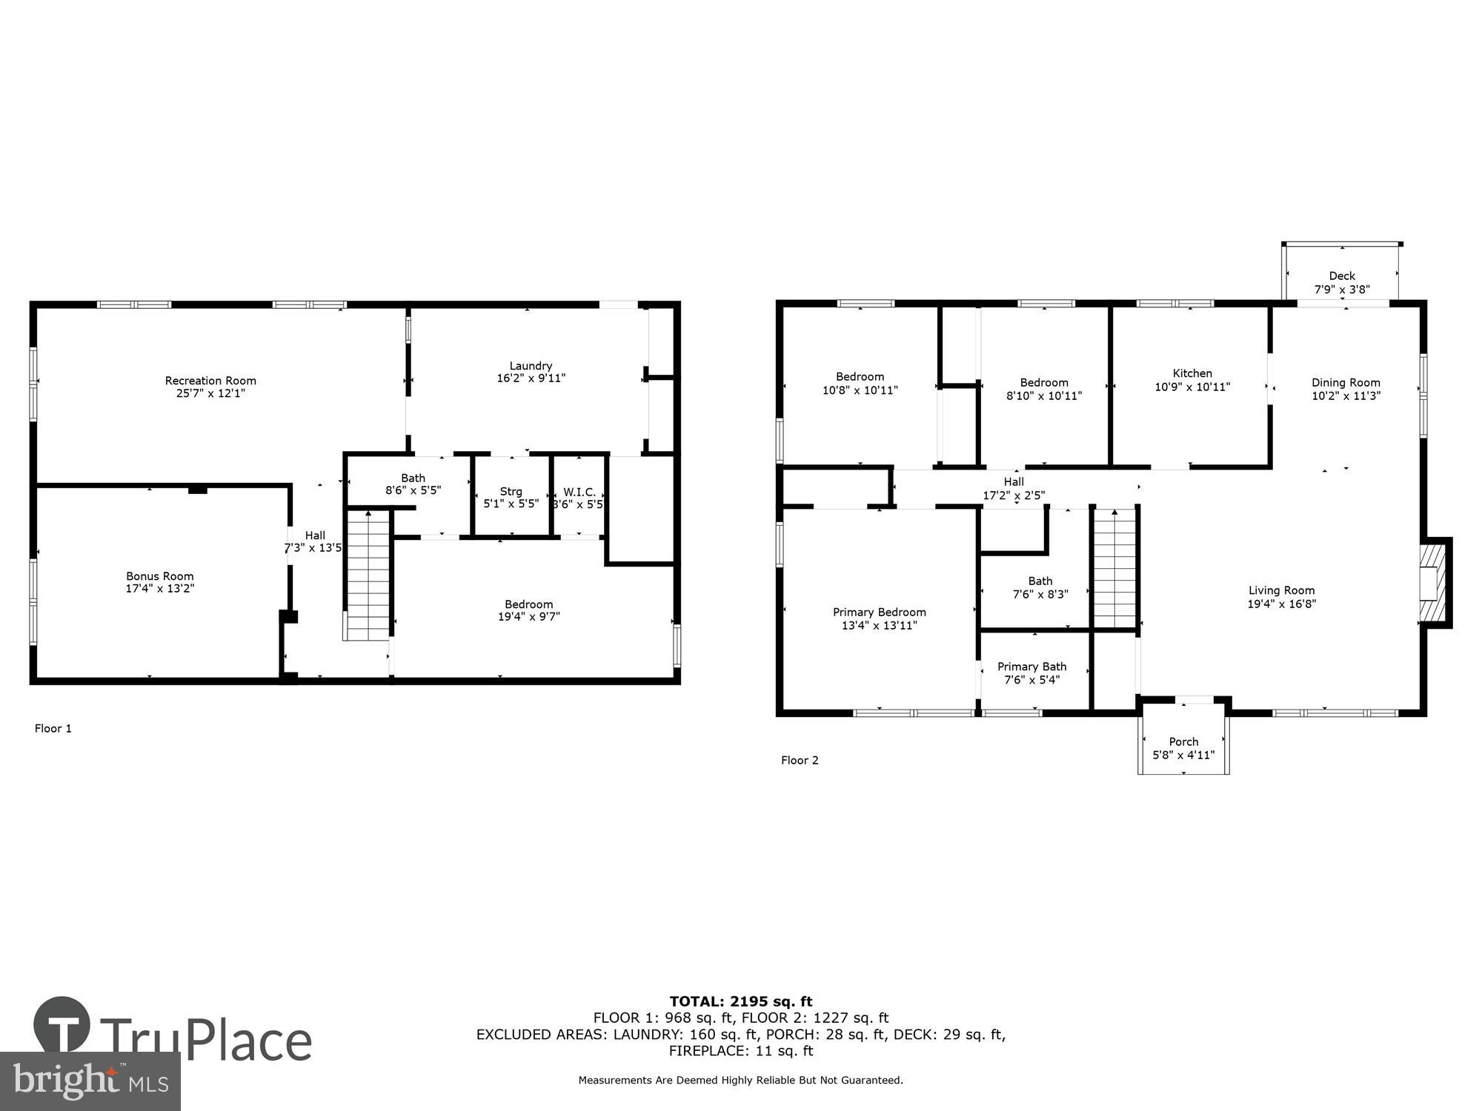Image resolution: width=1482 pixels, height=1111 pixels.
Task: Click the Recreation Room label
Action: point(210,381)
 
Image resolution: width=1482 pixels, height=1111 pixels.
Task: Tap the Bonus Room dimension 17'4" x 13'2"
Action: point(160,589)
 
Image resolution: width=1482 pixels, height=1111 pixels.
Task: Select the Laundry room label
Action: point(531,366)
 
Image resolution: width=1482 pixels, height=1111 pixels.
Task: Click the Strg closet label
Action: point(511,492)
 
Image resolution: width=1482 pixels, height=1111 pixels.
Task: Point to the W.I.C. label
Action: point(579,492)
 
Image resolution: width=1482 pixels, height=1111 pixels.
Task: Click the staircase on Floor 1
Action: point(368,574)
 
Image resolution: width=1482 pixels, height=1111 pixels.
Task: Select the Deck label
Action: point(1342,276)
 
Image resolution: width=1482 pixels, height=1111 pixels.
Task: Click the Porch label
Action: point(1183,742)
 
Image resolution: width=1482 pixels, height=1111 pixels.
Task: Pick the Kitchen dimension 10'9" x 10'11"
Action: point(1192,387)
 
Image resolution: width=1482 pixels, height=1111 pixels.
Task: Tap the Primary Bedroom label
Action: point(879,613)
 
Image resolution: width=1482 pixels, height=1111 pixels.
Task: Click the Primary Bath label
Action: point(1031,667)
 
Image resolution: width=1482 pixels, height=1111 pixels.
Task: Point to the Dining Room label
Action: point(1346,383)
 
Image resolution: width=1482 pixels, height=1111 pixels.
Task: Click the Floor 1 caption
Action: point(53,729)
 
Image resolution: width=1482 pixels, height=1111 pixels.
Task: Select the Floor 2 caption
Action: point(800,761)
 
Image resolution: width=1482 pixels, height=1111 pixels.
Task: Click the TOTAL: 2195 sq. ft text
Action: point(740,1002)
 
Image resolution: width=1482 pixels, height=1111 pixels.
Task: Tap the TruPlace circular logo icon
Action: point(62,1025)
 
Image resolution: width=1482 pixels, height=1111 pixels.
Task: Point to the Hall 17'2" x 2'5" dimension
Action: point(1014,496)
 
